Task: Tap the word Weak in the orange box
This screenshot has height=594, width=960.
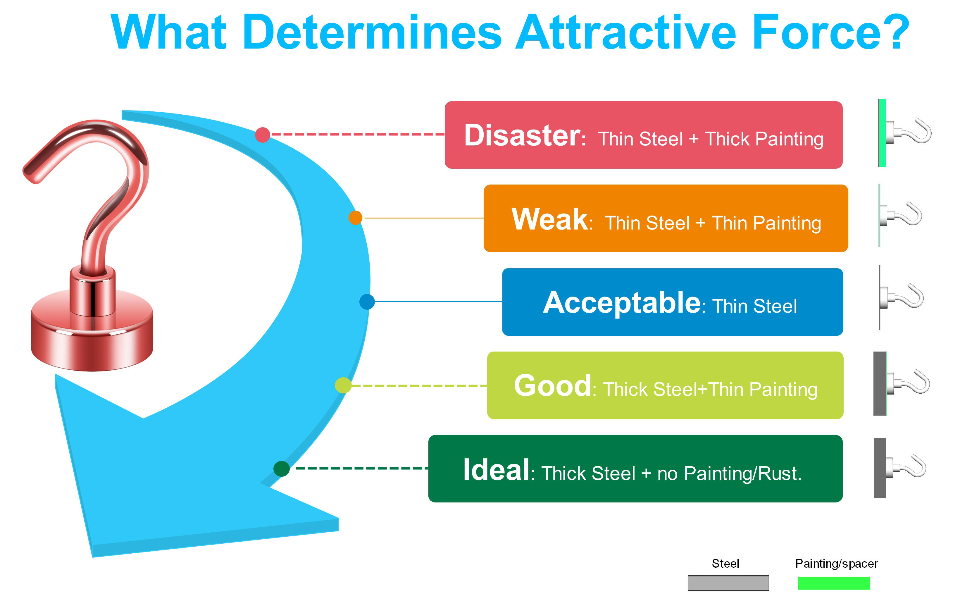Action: pos(549,219)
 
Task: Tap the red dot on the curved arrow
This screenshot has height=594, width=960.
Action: pos(262,135)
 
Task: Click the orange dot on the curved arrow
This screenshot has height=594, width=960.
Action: pos(355,218)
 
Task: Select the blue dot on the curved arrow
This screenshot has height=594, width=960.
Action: pos(367,302)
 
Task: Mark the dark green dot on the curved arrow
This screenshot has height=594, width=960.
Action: pos(281,469)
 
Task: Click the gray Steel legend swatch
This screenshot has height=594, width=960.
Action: pos(728,583)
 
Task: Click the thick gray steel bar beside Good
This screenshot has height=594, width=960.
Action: pos(880,383)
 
